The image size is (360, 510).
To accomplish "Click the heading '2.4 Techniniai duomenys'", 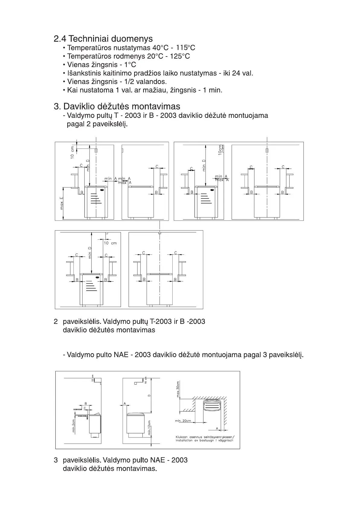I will click(x=103, y=39).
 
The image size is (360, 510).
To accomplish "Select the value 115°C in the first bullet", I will click(x=185, y=48).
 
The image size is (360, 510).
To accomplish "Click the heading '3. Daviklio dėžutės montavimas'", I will click(x=117, y=106).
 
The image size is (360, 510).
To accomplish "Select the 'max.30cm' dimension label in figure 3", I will click(x=178, y=389).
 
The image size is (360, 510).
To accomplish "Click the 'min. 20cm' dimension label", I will click(x=183, y=421).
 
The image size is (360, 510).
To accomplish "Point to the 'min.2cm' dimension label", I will click(x=73, y=426).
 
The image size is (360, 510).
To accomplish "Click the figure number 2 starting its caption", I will click(x=56, y=321).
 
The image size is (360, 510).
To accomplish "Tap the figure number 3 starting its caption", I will click(x=56, y=460).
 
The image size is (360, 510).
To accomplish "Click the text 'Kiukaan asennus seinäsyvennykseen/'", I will click(x=205, y=437).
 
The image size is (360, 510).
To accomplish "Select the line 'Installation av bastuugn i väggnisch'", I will click(x=204, y=441).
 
